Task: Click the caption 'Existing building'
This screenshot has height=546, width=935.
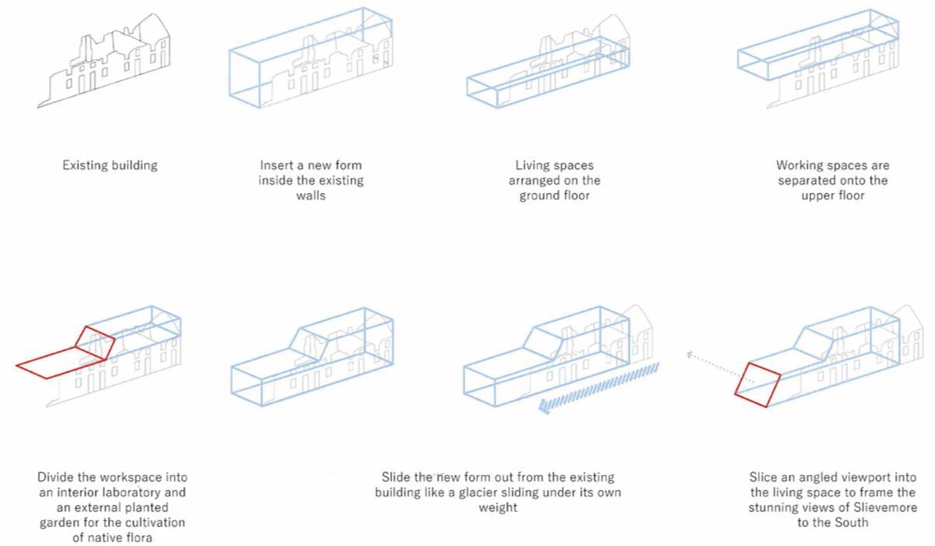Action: click(110, 165)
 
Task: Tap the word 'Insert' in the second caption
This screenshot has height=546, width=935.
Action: click(277, 165)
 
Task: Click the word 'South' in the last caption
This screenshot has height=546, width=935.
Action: click(850, 523)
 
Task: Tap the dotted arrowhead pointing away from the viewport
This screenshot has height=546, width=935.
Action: click(690, 354)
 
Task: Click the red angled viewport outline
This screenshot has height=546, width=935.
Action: click(758, 384)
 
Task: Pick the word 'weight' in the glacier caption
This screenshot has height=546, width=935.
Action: click(498, 508)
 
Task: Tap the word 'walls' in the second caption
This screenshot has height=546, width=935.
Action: click(311, 196)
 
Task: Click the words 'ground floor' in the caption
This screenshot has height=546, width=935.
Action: click(555, 196)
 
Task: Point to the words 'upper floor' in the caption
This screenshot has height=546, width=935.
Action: click(832, 196)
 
